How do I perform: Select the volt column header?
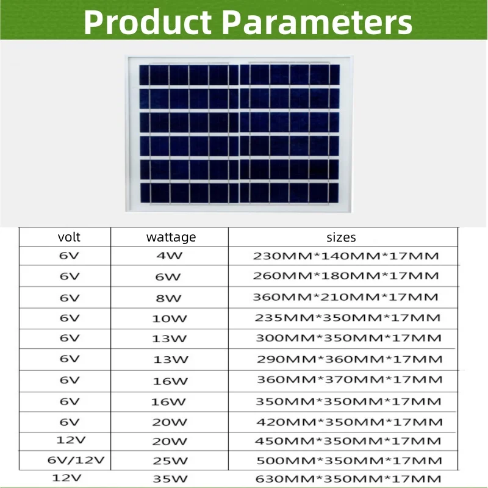(69, 237)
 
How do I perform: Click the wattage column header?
(171, 237)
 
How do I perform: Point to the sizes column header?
(341, 237)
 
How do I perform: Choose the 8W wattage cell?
(169, 298)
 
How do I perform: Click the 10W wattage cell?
(169, 318)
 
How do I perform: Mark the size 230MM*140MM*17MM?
(346, 256)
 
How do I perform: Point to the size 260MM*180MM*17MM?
(346, 276)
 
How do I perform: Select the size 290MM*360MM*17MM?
(350, 359)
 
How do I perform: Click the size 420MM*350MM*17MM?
(350, 422)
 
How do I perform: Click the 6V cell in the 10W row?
(70, 318)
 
